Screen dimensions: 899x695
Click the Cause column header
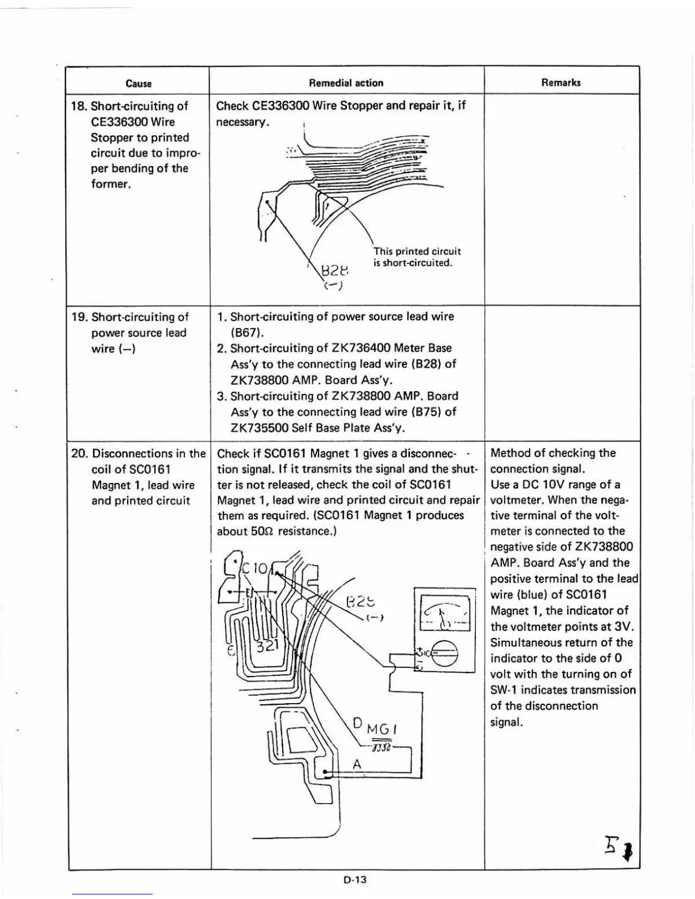(139, 83)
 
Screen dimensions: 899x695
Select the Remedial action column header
(346, 83)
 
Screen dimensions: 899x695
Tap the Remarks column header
(561, 82)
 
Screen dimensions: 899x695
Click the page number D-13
(355, 880)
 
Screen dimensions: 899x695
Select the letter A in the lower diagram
(357, 764)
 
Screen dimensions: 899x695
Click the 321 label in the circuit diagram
(266, 646)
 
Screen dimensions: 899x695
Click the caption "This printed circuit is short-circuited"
(417, 257)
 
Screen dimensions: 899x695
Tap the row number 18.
(78, 106)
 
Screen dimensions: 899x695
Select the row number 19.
(78, 317)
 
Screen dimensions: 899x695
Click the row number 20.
(78, 453)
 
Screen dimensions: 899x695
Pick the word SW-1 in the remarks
(504, 690)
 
